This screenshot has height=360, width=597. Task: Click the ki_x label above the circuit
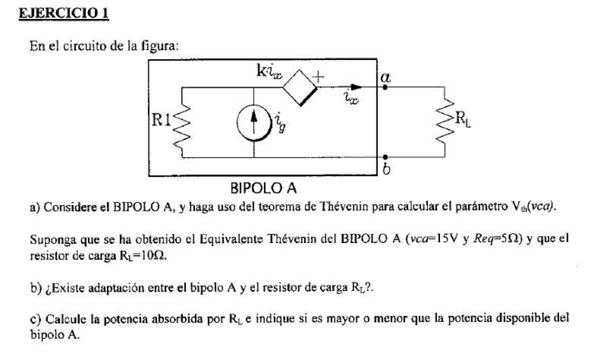[271, 70]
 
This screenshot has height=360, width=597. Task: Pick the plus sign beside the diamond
[324, 75]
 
